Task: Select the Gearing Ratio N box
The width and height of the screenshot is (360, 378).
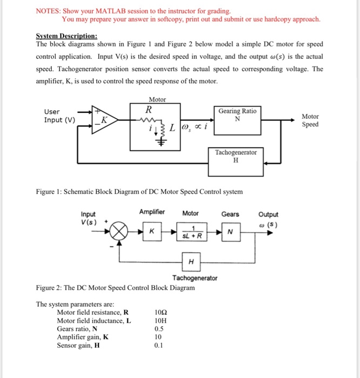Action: [x=237, y=116]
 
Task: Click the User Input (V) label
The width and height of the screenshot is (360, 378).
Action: [x=59, y=116]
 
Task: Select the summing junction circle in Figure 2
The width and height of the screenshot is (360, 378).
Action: [x=120, y=233]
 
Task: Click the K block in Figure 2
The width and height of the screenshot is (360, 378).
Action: [x=152, y=232]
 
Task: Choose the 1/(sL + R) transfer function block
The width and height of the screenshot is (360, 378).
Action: [x=191, y=233]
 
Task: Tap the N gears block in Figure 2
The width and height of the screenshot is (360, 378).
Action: [x=230, y=233]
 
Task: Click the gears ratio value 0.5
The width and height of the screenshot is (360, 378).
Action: [x=159, y=328]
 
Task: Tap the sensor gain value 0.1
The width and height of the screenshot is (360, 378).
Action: [x=159, y=345]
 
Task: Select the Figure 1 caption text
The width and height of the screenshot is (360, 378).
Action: [x=139, y=191]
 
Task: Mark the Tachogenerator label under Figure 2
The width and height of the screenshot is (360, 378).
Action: [x=195, y=278]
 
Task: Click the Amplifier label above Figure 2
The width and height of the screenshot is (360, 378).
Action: [x=152, y=213]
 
